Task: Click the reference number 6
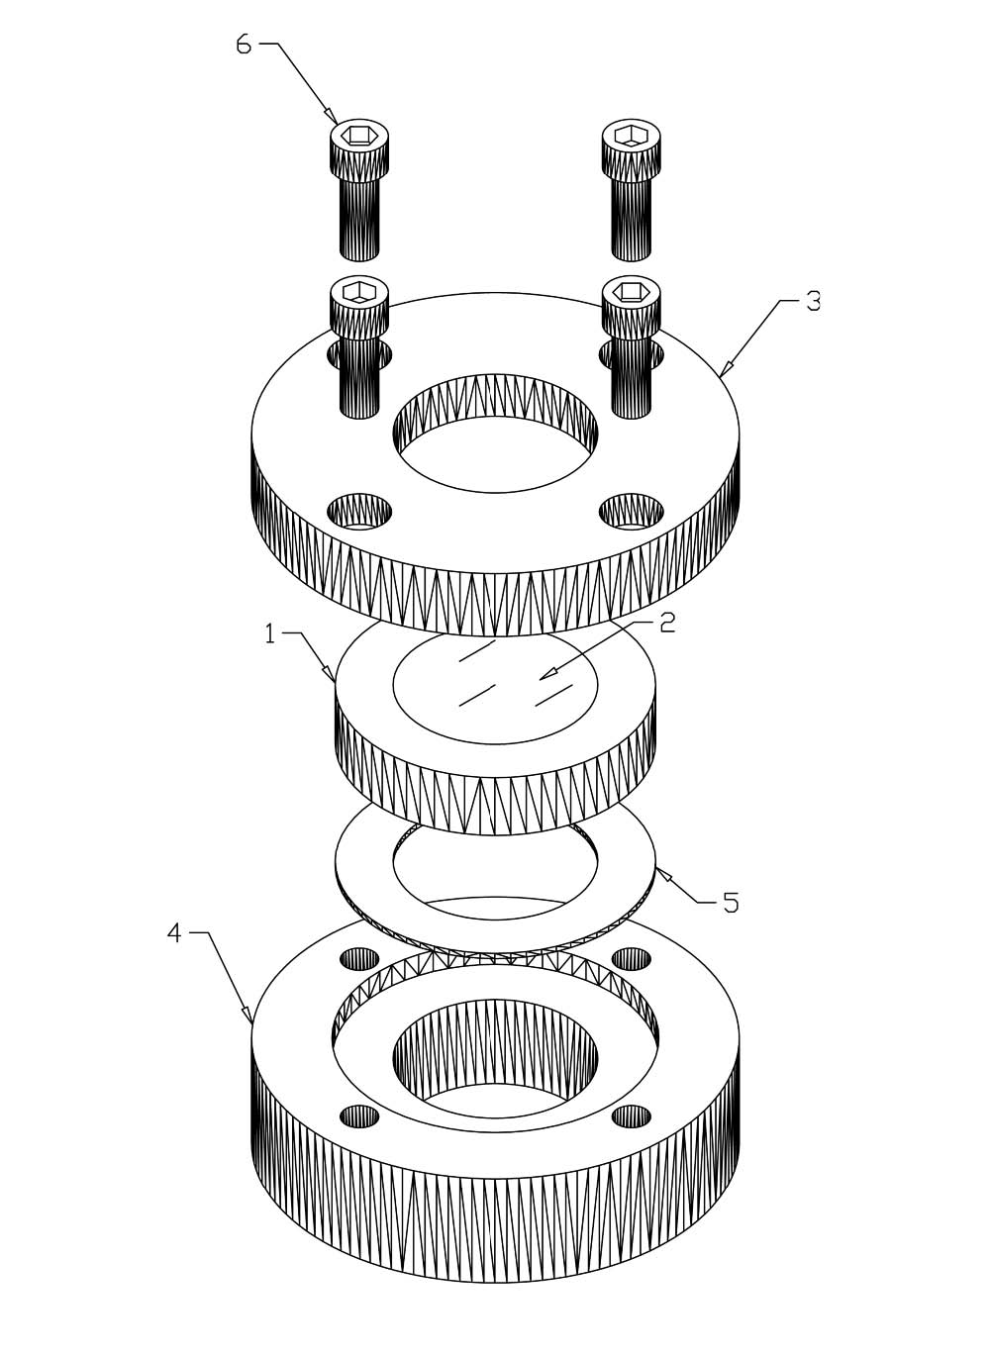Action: (x=244, y=45)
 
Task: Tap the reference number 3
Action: (x=813, y=302)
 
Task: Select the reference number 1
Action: (x=270, y=635)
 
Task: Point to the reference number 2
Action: (x=667, y=623)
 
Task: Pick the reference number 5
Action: (x=732, y=902)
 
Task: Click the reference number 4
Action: (x=174, y=933)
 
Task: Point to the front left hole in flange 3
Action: (x=359, y=512)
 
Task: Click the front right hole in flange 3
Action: (x=632, y=512)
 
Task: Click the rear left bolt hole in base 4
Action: (x=359, y=958)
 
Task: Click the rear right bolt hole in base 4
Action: (x=632, y=958)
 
